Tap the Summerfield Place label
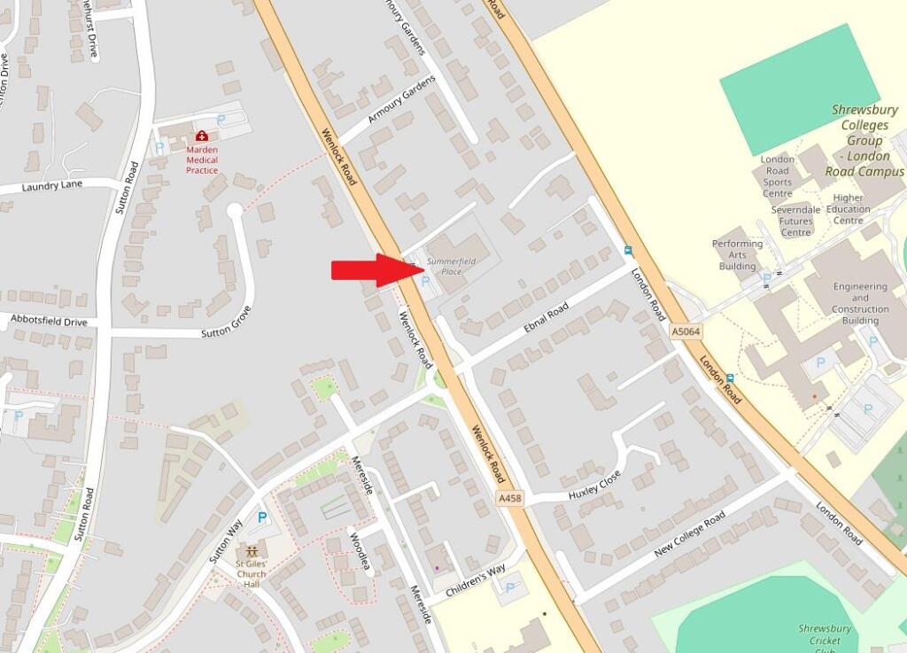(x=451, y=266)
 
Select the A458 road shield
(x=510, y=499)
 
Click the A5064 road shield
(x=686, y=330)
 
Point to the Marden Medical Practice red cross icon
(x=203, y=136)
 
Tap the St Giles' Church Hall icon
(x=252, y=550)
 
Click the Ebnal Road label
(x=546, y=318)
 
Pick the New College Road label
(x=689, y=533)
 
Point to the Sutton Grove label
(x=227, y=322)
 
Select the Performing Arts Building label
(x=737, y=255)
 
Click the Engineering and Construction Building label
(x=860, y=303)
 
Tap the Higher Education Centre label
(x=848, y=209)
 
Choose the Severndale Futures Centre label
(x=795, y=221)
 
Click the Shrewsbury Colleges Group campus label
(x=864, y=141)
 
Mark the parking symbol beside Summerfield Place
(x=426, y=282)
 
